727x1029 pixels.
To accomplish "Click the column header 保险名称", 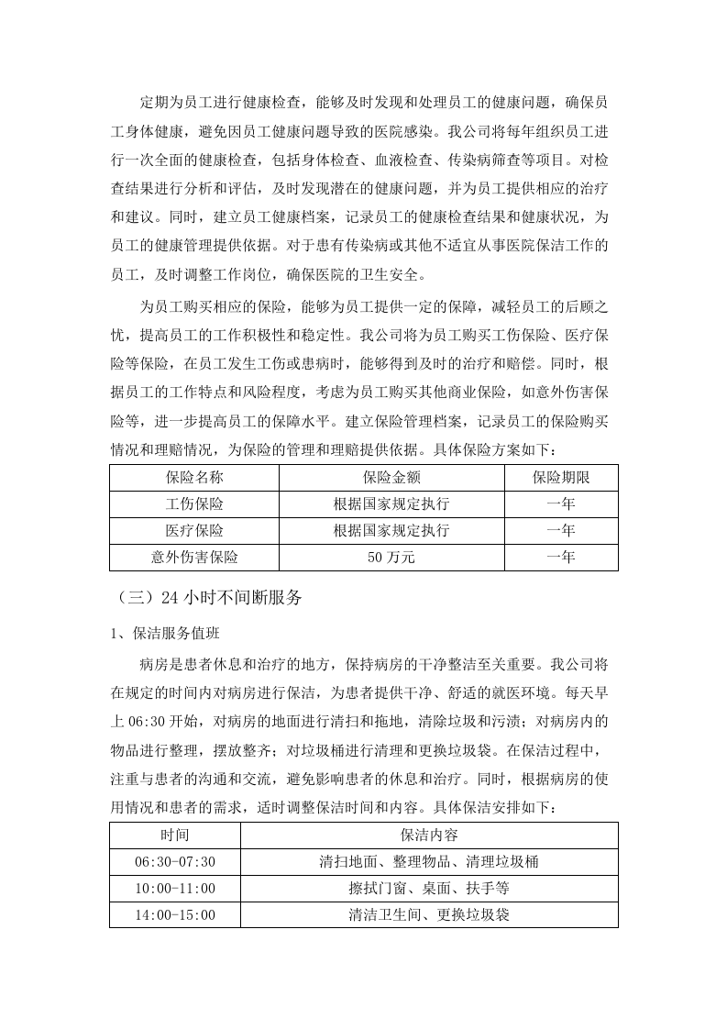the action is (194, 478).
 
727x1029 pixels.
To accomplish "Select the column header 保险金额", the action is (391, 478).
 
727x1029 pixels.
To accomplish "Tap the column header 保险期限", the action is (560, 478).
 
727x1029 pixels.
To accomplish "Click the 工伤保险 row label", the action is (194, 504).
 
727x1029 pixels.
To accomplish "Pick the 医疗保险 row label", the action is (194, 531).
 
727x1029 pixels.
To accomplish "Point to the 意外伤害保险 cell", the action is (194, 558).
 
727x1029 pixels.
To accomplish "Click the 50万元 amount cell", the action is (391, 558).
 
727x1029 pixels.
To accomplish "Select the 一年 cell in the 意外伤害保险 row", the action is (560, 558).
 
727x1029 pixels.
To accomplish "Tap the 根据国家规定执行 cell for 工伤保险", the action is (391, 504).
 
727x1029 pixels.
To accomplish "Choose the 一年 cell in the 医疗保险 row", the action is (560, 531).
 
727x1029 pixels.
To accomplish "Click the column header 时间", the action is (174, 835).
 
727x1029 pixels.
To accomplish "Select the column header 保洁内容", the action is (429, 835).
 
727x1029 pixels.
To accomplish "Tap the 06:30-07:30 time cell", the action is (174, 862).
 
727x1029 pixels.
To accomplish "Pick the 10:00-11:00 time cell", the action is (174, 889).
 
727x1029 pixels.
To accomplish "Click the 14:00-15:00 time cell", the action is (174, 915).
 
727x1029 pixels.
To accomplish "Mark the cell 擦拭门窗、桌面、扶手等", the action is (429, 889).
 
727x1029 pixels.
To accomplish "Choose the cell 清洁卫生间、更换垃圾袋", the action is (429, 915).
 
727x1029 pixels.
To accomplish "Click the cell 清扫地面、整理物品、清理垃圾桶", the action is (429, 862).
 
